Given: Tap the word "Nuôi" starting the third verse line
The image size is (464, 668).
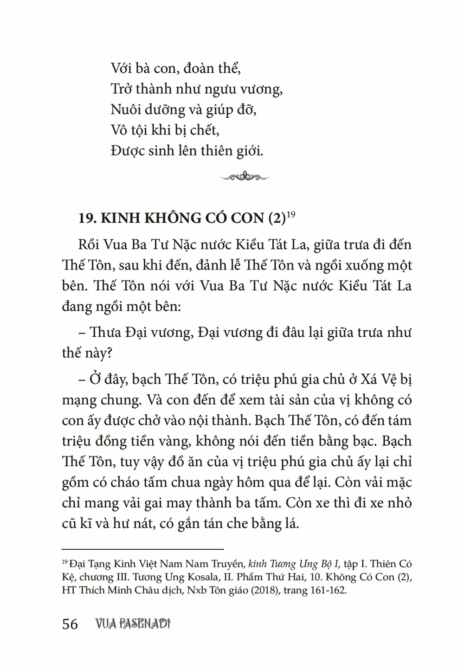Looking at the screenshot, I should pos(127,110).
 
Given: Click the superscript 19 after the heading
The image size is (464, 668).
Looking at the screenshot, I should pos(291,214).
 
